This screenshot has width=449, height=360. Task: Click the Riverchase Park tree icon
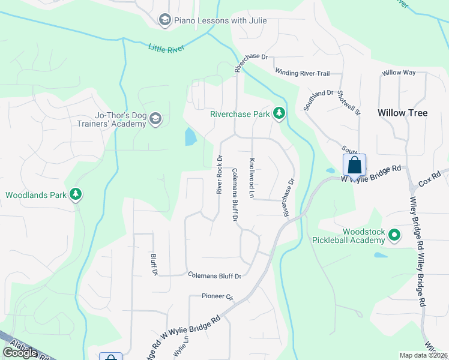tap(279, 113)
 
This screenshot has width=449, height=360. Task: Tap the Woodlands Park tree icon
tap(76, 194)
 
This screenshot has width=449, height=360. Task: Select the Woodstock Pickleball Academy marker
tap(394, 236)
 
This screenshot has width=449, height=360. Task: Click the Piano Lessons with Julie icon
tap(164, 20)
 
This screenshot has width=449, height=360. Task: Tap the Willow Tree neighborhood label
tap(402, 113)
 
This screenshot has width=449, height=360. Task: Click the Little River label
tap(166, 48)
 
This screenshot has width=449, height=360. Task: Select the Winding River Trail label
tap(303, 73)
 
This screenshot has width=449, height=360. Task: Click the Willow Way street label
tap(399, 73)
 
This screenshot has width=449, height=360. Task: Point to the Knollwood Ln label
tap(253, 178)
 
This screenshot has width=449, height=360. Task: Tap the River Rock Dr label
tap(220, 175)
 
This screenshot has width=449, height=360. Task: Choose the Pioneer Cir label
tap(217, 296)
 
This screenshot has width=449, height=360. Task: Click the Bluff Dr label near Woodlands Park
tap(154, 263)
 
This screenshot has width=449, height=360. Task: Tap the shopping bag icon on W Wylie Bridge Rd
tap(354, 165)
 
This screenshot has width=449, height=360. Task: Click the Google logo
tap(20, 353)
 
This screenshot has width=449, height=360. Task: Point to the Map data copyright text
tap(424, 355)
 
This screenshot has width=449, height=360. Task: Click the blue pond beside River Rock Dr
tap(190, 137)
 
